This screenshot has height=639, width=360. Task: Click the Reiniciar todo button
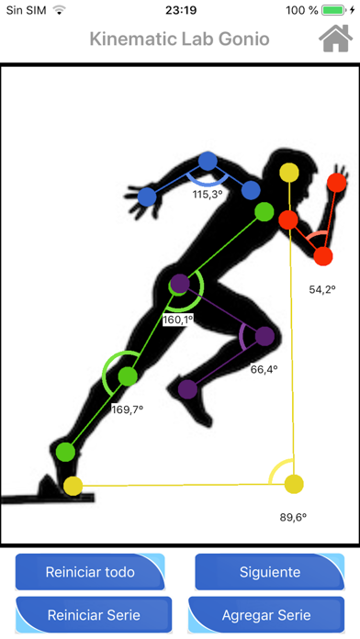(90, 572)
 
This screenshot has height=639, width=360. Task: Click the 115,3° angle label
(208, 195)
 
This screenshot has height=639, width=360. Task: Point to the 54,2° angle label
(321, 289)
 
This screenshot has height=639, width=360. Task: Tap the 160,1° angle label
(177, 320)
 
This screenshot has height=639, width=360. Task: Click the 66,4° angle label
(264, 369)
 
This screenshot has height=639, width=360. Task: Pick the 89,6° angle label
(293, 517)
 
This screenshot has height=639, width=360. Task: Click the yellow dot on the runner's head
(288, 172)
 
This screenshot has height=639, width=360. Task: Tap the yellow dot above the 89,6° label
(293, 484)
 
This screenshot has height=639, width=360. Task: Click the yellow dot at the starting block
(73, 486)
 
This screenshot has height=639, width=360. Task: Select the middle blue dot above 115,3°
(208, 162)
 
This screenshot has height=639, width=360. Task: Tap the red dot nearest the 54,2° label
(322, 255)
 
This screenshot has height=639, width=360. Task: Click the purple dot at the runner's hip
(180, 283)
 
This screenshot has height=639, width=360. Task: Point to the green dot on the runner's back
(264, 211)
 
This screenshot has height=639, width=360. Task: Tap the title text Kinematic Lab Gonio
(179, 39)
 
